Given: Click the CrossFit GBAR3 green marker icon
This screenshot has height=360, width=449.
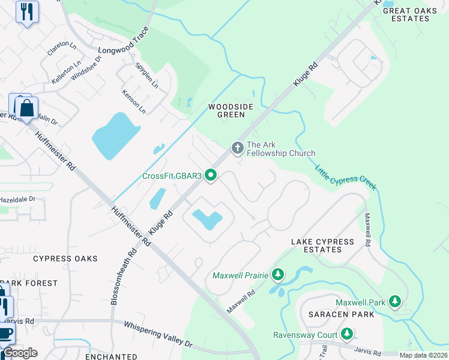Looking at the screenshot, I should pos(211,175).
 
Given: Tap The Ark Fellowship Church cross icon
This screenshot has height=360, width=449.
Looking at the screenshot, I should pos(237,147).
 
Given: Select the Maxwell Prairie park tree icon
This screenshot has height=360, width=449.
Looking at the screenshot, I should pos(277,275).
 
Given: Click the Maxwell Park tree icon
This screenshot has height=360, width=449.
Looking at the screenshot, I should pos(394,301).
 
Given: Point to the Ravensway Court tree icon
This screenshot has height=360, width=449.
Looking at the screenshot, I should pos(346,334).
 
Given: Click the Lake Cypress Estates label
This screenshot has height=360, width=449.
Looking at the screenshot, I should pos(322,246).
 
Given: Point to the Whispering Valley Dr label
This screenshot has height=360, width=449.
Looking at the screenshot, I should pos(158,334).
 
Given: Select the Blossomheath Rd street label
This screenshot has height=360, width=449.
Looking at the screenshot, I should pos(124,277).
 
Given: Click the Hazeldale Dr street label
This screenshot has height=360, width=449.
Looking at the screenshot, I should pos(17,199).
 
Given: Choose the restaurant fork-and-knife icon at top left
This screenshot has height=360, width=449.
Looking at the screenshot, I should pos(26,11).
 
